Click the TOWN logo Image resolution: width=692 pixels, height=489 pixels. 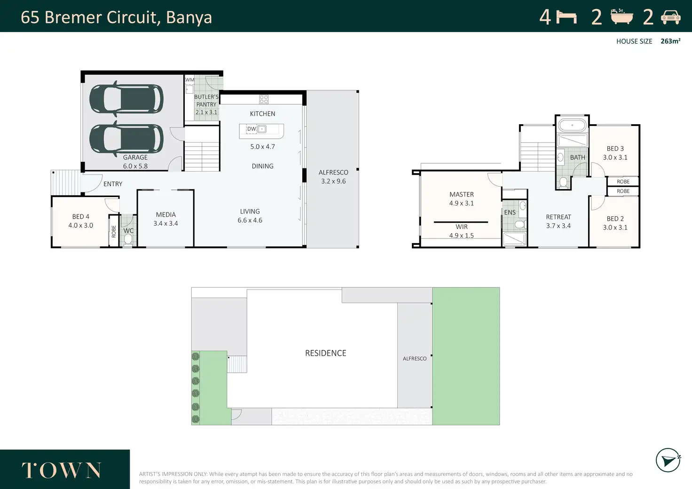tap(61, 470)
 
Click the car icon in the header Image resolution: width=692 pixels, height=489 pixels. tap(671, 17)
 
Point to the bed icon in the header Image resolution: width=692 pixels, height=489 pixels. tap(566, 17)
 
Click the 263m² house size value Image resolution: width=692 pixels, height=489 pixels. tap(670, 41)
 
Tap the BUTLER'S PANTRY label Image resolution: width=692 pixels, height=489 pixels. tap(206, 101)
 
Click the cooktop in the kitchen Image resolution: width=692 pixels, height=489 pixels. tap(264, 99)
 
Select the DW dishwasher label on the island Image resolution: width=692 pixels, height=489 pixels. tap(252, 129)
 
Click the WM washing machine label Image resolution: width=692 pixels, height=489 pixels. tap(189, 80)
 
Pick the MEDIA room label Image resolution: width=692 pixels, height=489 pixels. tap(166, 214)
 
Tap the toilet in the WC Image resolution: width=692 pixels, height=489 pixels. tap(128, 239)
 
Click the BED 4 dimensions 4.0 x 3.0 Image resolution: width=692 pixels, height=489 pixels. tap(81, 226)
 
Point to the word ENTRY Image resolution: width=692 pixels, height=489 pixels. tap(113, 184)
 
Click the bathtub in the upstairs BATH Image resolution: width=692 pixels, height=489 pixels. tap(572, 126)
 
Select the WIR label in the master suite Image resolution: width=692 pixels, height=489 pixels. tap(462, 227)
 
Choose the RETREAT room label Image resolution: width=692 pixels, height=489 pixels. tap(558, 217)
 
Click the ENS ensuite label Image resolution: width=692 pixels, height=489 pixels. tap(510, 213)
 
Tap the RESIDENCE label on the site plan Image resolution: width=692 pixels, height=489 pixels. tap(326, 353)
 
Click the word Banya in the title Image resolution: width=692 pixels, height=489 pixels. tap(189, 17)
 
